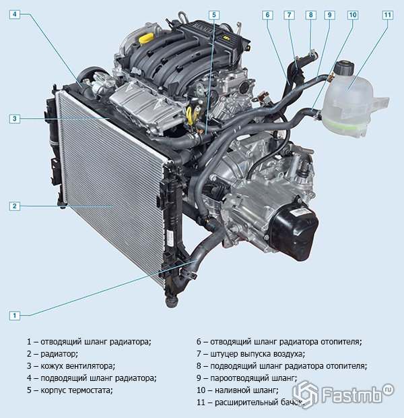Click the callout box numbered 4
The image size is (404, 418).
pyautogui.click(x=15, y=14)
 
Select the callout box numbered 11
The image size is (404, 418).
pyautogui.click(x=387, y=15)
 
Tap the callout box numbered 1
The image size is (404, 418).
pyautogui.click(x=15, y=316)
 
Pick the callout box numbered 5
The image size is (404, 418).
pyautogui.click(x=214, y=16)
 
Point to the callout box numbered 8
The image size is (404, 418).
pyautogui.click(x=311, y=15)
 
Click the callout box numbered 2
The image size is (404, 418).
pyautogui.click(x=15, y=206)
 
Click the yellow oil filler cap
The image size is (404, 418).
pyautogui.click(x=145, y=39)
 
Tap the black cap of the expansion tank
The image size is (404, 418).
pyautogui.click(x=343, y=67)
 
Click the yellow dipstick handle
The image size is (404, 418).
pyautogui.click(x=193, y=115)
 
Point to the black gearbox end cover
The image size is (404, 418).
pyautogui.click(x=295, y=231)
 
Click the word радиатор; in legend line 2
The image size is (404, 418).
pyautogui.click(x=59, y=354)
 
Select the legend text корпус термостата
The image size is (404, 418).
pyautogui.click(x=77, y=390)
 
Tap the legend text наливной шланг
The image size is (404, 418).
pyautogui.click(x=246, y=390)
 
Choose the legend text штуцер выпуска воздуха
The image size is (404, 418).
pyautogui.click(x=257, y=354)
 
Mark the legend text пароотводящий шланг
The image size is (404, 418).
pyautogui.click(x=254, y=378)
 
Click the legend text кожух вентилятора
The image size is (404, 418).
pyautogui.click(x=77, y=366)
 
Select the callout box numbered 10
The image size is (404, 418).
pyautogui.click(x=352, y=15)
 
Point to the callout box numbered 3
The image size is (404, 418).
pyautogui.click(x=15, y=119)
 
